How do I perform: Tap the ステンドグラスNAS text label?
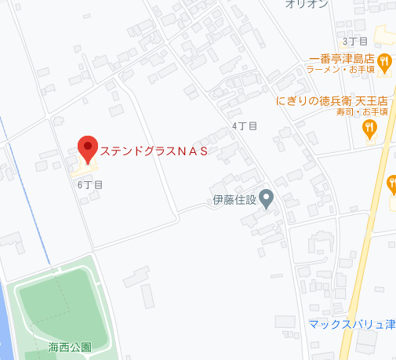[154, 151]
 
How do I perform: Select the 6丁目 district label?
[90, 184]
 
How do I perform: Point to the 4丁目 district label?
[245, 126]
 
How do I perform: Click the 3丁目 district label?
[354, 41]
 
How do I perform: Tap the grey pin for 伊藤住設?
[267, 199]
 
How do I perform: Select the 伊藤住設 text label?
[234, 199]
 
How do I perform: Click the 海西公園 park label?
[70, 347]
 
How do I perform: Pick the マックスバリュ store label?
[351, 324]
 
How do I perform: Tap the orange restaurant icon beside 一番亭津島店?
[384, 61]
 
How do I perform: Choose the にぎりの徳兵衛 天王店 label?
[332, 101]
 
